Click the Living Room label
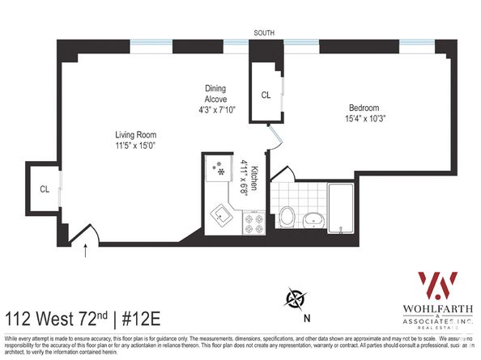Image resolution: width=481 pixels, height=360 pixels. (135, 134)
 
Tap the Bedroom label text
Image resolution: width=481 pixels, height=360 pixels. (364, 108)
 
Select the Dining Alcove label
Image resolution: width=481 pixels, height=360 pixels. (215, 93)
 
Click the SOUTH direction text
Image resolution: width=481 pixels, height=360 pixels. (264, 33)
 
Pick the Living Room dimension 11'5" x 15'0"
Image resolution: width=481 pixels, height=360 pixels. (135, 146)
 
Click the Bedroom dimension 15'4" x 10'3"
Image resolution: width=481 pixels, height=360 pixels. (364, 119)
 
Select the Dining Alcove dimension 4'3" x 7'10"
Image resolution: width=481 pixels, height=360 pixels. (215, 110)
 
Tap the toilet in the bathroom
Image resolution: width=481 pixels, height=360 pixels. (288, 215)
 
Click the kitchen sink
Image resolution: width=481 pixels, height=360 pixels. (223, 216)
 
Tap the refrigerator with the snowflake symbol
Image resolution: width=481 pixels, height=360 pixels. (218, 169)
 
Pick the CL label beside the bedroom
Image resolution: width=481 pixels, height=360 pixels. (265, 95)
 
